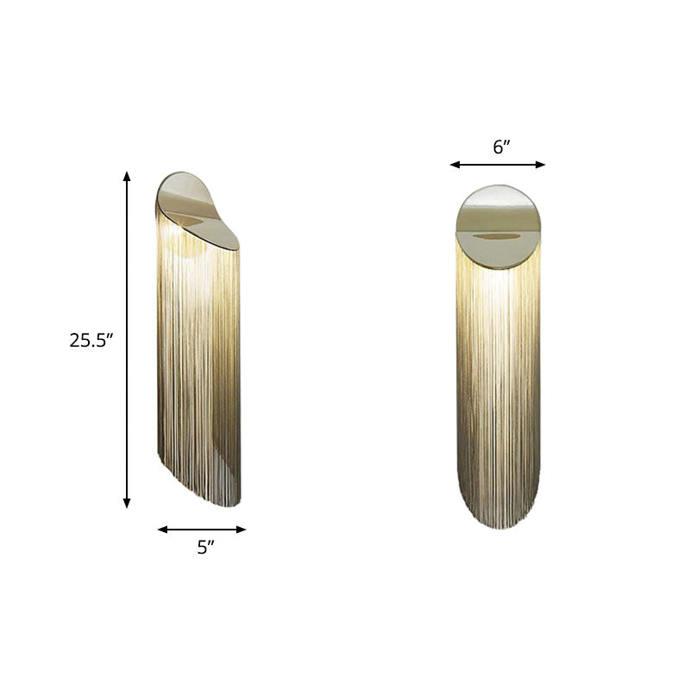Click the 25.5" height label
(x=92, y=340)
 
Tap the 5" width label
(x=204, y=547)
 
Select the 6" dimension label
(x=501, y=147)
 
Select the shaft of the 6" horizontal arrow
(x=498, y=164)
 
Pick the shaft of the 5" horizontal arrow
(x=202, y=530)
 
